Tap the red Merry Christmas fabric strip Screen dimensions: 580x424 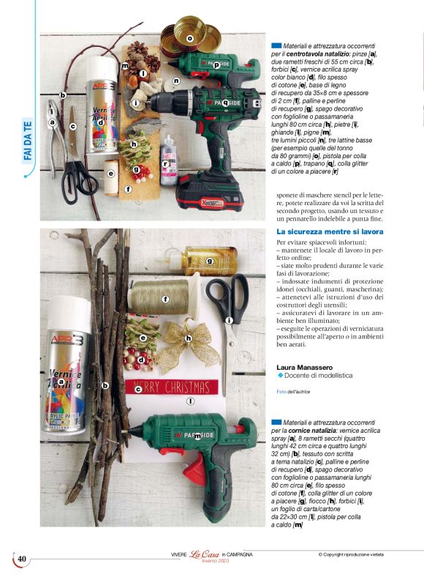click(x=172, y=387)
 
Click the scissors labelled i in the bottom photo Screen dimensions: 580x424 click(x=229, y=308)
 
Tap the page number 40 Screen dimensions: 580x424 click(x=22, y=559)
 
